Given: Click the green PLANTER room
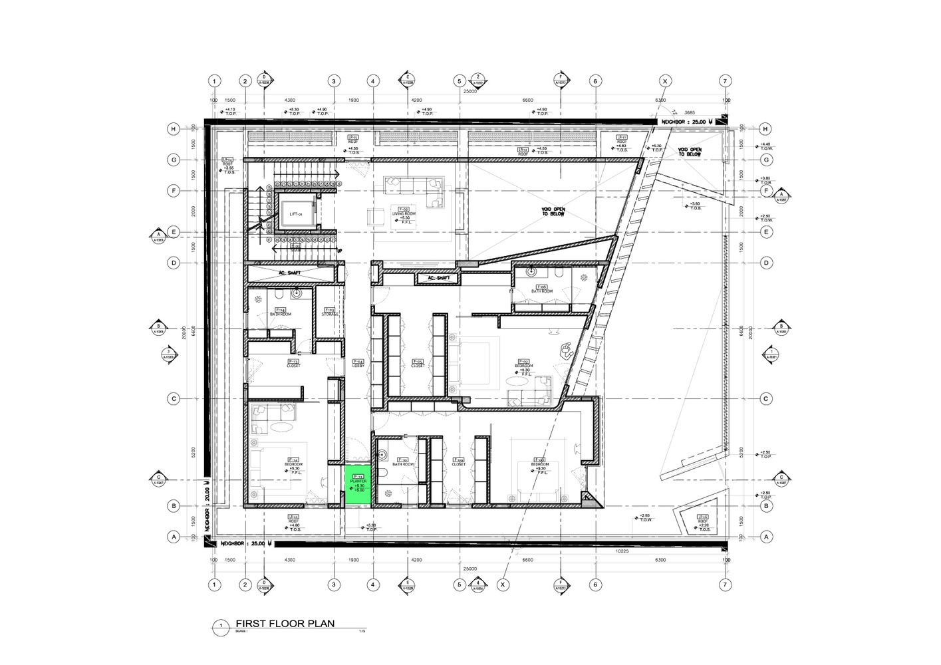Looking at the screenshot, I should pyautogui.click(x=358, y=485).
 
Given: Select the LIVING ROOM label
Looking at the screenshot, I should pyautogui.click(x=403, y=213).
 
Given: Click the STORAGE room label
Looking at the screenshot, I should pyautogui.click(x=329, y=312).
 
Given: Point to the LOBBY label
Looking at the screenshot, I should pyautogui.click(x=358, y=364).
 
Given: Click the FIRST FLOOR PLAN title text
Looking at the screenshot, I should pyautogui.click(x=285, y=624).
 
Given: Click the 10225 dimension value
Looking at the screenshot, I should pyautogui.click(x=622, y=551).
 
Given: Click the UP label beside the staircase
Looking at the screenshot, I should pyautogui.click(x=340, y=251).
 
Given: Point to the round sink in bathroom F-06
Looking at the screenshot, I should pyautogui.click(x=531, y=272).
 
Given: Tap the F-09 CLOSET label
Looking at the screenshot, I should pyautogui.click(x=459, y=462).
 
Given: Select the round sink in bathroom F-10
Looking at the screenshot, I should pyautogui.click(x=382, y=456).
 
